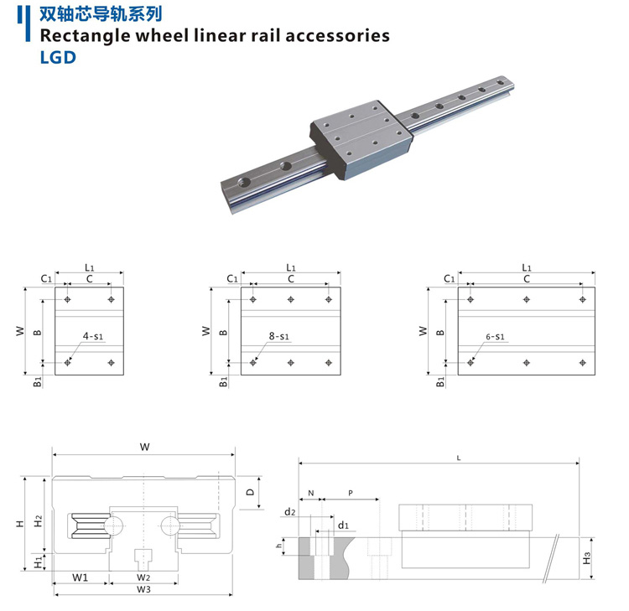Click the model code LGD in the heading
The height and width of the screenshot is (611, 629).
[x=58, y=58]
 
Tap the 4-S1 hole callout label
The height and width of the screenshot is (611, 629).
[x=92, y=336]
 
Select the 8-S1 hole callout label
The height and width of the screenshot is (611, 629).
[x=278, y=336]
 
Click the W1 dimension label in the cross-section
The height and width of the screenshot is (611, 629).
[x=81, y=577]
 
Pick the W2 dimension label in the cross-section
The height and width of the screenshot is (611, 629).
[x=143, y=577]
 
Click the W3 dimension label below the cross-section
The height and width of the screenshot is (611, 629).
[x=143, y=589]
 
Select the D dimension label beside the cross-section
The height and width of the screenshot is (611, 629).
[x=250, y=493]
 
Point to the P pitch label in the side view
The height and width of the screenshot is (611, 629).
[x=350, y=494]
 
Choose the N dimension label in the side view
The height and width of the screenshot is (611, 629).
[x=310, y=494]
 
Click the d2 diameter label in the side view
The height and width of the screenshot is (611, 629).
[x=289, y=511]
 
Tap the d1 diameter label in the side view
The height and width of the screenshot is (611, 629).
[x=342, y=526]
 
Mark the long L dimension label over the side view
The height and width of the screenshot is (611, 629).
[x=458, y=458]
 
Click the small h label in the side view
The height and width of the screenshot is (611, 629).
[x=278, y=547]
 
